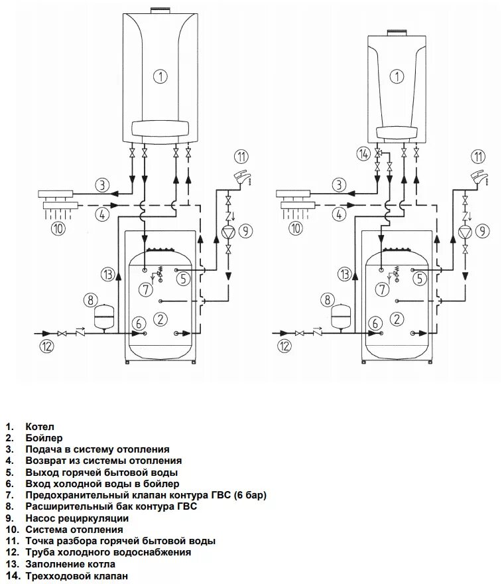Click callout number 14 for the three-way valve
[363, 153]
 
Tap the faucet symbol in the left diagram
[242, 177]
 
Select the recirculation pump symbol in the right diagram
[465, 232]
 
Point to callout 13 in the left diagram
[108, 275]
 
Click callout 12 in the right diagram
[284, 346]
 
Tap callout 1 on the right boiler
[397, 76]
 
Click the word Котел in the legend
[40, 427]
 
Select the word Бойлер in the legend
[44, 438]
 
